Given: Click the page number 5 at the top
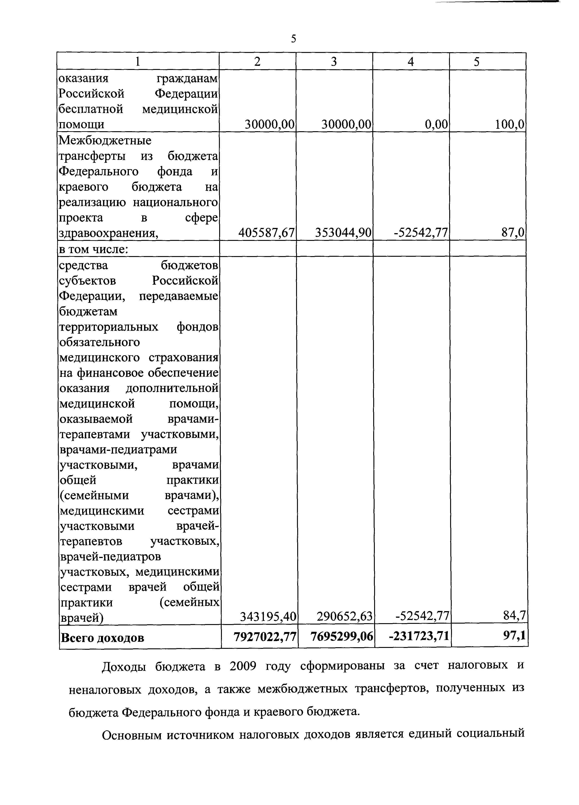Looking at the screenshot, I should click(293, 38).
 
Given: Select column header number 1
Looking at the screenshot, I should click(138, 62).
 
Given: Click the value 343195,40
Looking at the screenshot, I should click(268, 617).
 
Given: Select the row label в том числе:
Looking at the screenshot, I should click(93, 249).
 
